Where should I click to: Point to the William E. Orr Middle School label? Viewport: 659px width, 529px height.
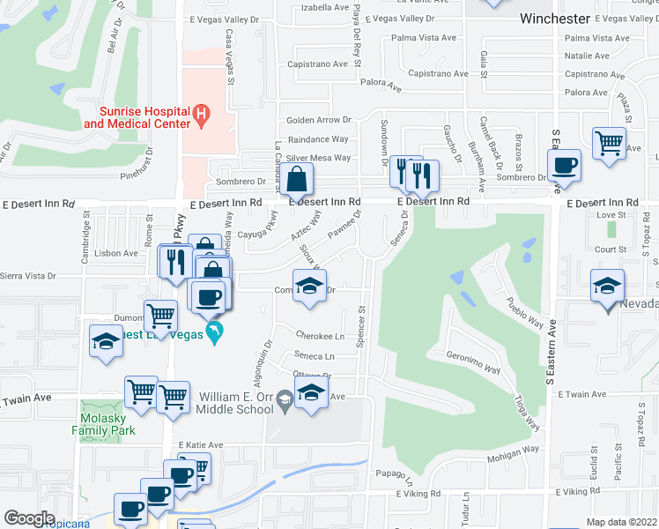236,403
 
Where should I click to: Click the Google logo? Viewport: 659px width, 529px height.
29,518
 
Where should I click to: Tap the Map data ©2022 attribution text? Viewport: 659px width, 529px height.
621,522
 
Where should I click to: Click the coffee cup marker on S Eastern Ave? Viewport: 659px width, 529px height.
563,165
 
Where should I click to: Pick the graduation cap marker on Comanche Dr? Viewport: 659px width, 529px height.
309,287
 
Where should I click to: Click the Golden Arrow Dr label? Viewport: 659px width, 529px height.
318,120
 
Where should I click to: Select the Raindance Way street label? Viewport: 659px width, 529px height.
318,139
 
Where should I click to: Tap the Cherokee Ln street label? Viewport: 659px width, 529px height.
319,337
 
